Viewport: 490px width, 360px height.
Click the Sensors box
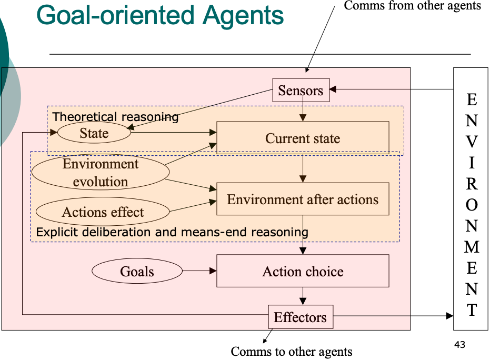point(301,90)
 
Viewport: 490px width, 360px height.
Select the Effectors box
point(300,317)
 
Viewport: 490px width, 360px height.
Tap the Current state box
point(303,138)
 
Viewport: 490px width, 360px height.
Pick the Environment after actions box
point(303,199)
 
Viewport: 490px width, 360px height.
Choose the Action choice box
point(303,271)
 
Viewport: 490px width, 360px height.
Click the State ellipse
point(94,133)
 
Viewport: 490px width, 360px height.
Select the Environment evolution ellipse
point(101,173)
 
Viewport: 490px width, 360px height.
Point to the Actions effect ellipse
point(103,212)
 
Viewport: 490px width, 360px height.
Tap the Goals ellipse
point(137,272)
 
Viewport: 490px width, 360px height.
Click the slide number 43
point(459,345)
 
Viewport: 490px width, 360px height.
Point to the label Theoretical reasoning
point(116,117)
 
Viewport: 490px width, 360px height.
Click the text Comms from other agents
point(412,6)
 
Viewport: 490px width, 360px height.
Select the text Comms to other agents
point(292,351)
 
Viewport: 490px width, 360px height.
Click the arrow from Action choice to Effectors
point(303,296)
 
